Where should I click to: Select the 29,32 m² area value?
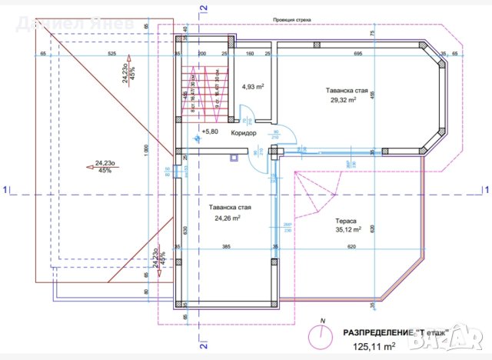click(343, 100)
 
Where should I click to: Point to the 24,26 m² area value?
click(227, 218)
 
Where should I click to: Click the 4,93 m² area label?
click(253, 87)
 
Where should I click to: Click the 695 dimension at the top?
click(358, 54)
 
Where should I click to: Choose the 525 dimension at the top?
click(111, 54)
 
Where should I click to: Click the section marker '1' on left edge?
click(5, 188)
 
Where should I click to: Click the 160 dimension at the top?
click(251, 54)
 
